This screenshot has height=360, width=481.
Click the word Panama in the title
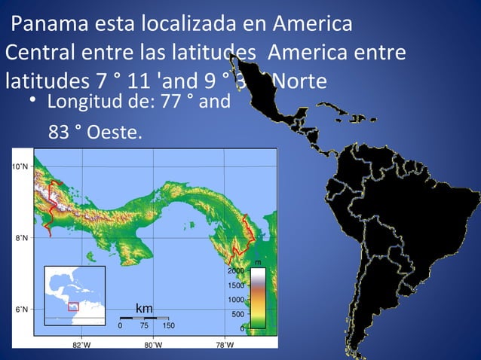(46, 25)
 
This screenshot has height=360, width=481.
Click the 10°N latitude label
(20, 166)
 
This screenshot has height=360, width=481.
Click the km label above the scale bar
(144, 309)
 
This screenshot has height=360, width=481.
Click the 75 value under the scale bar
(144, 326)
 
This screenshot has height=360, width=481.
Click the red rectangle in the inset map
(73, 306)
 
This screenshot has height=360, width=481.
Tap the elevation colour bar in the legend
(257, 298)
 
